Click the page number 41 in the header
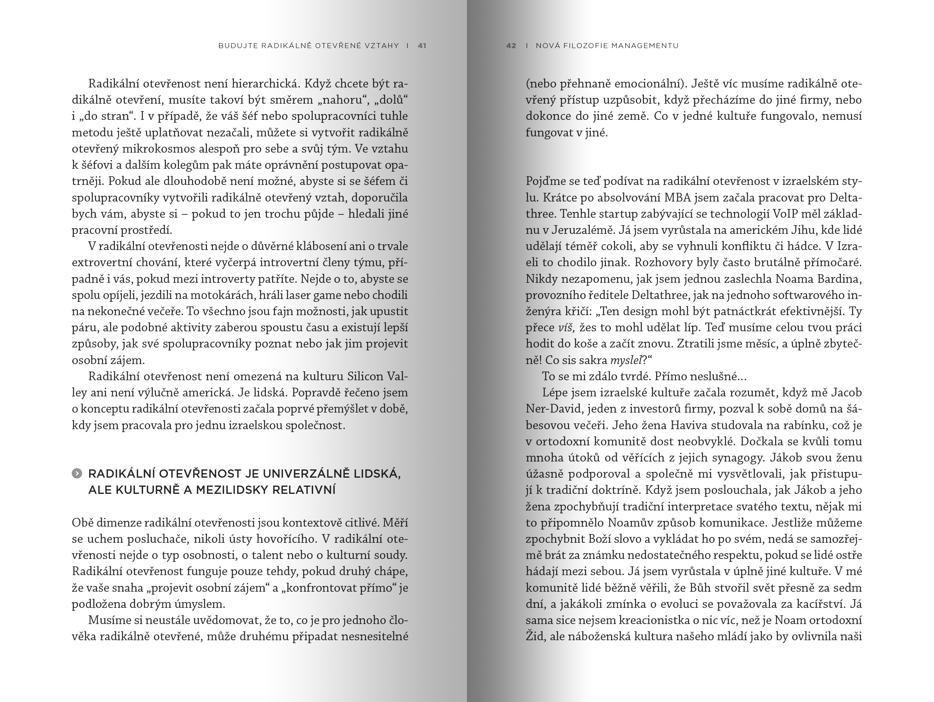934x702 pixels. tap(422, 46)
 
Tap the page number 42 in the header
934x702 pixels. tap(511, 46)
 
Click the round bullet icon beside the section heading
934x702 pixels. tap(77, 474)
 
